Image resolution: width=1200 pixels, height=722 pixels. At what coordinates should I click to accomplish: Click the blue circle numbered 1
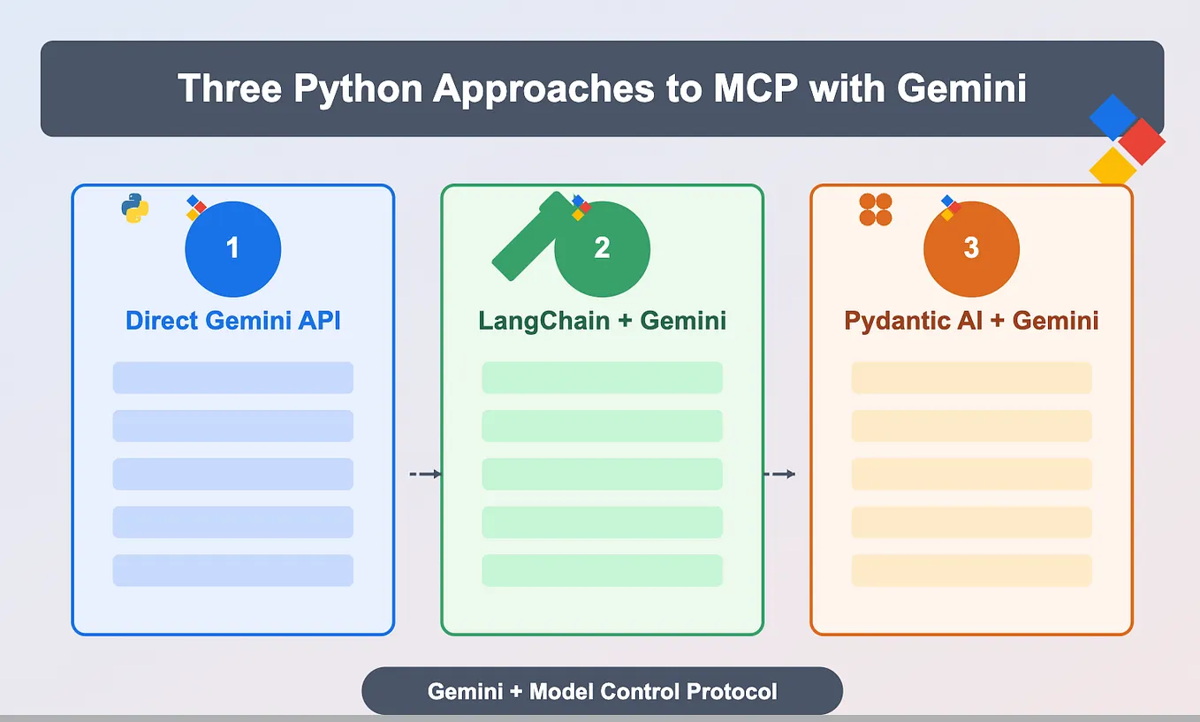[x=232, y=248]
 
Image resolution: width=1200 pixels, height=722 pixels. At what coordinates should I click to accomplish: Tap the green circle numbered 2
[x=603, y=248]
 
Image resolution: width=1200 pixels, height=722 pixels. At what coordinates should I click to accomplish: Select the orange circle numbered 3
[x=971, y=248]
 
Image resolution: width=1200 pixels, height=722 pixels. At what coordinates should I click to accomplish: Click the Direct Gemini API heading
[x=233, y=320]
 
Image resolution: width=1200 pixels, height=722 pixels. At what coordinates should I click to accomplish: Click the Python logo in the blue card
[x=134, y=209]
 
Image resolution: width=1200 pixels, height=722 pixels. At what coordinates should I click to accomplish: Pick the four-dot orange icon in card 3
[x=876, y=209]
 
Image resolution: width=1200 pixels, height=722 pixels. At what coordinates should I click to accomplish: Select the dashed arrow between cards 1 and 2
[x=425, y=475]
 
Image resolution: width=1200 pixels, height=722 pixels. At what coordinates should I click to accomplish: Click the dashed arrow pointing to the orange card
[x=779, y=475]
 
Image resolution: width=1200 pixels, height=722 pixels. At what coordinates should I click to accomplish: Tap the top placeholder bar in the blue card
[x=233, y=377]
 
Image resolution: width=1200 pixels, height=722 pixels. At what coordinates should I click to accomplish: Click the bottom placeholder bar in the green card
[x=603, y=570]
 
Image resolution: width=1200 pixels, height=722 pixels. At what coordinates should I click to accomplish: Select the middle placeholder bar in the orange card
[x=971, y=474]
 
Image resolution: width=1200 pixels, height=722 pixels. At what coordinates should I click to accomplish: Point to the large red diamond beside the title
[x=1142, y=141]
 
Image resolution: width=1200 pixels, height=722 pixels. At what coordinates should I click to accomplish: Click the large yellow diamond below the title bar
[x=1112, y=165]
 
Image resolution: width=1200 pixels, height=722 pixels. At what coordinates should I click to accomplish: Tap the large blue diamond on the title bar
[x=1113, y=117]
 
